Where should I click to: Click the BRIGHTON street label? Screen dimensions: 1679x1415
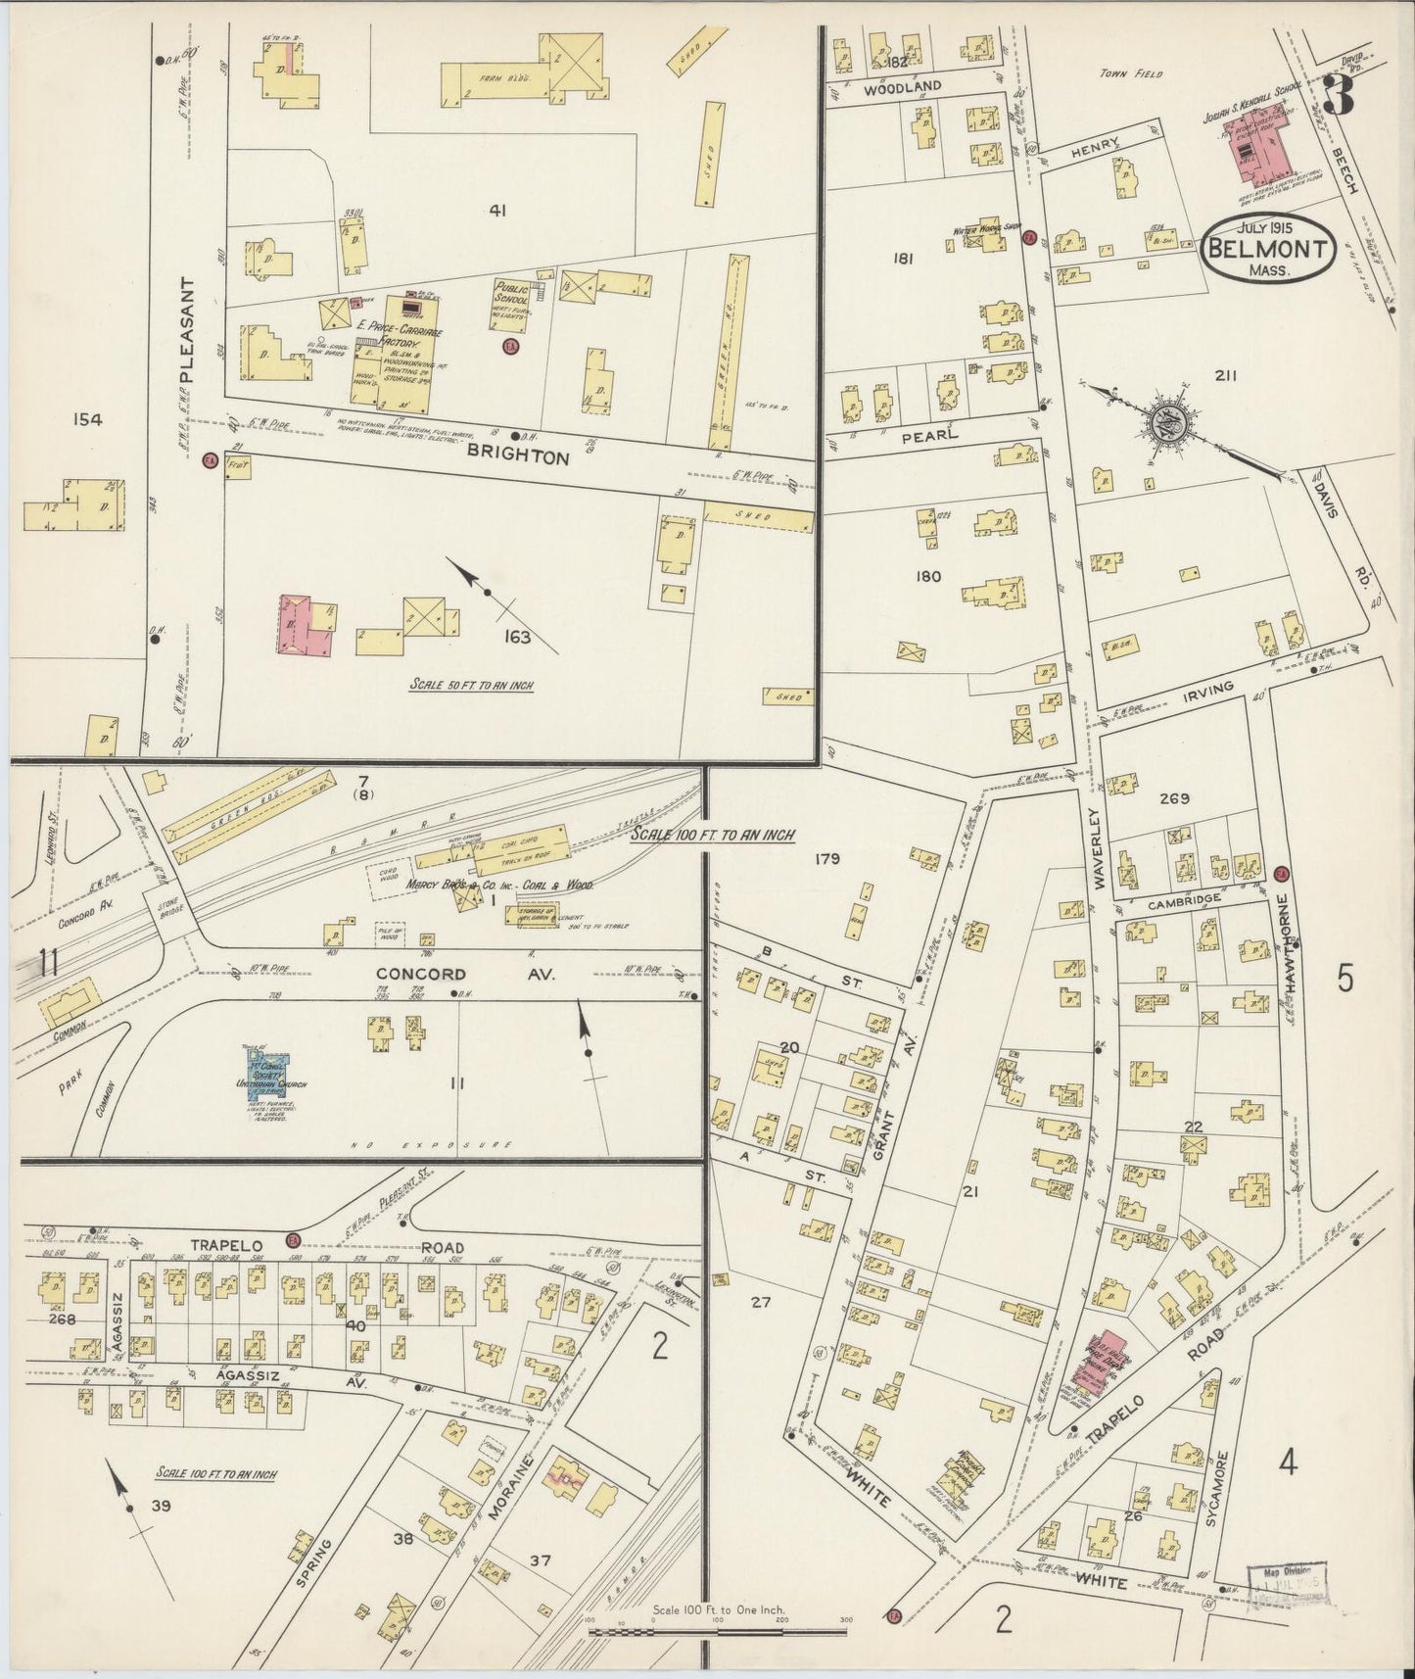click(x=518, y=456)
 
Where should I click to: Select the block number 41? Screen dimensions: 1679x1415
click(x=496, y=209)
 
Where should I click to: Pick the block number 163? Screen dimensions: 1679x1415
click(x=517, y=638)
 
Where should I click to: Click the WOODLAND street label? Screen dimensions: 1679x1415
click(x=903, y=86)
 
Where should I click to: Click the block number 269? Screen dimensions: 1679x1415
click(x=1174, y=798)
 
